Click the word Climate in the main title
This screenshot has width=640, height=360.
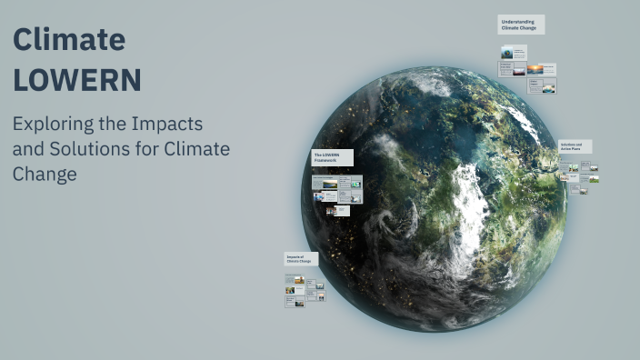(x=69, y=40)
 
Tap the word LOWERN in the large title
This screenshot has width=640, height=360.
(x=77, y=80)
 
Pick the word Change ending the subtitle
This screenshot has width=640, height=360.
(x=45, y=174)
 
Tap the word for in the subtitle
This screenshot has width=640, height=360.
(x=146, y=148)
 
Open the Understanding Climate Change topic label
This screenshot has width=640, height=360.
(x=520, y=25)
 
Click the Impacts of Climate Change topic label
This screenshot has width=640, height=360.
(x=300, y=259)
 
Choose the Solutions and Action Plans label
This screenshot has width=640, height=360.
(x=575, y=145)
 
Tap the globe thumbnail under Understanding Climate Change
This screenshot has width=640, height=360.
(x=507, y=52)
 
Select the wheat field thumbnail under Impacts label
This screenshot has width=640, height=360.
(x=291, y=291)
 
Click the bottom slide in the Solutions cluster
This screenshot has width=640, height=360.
(x=583, y=190)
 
